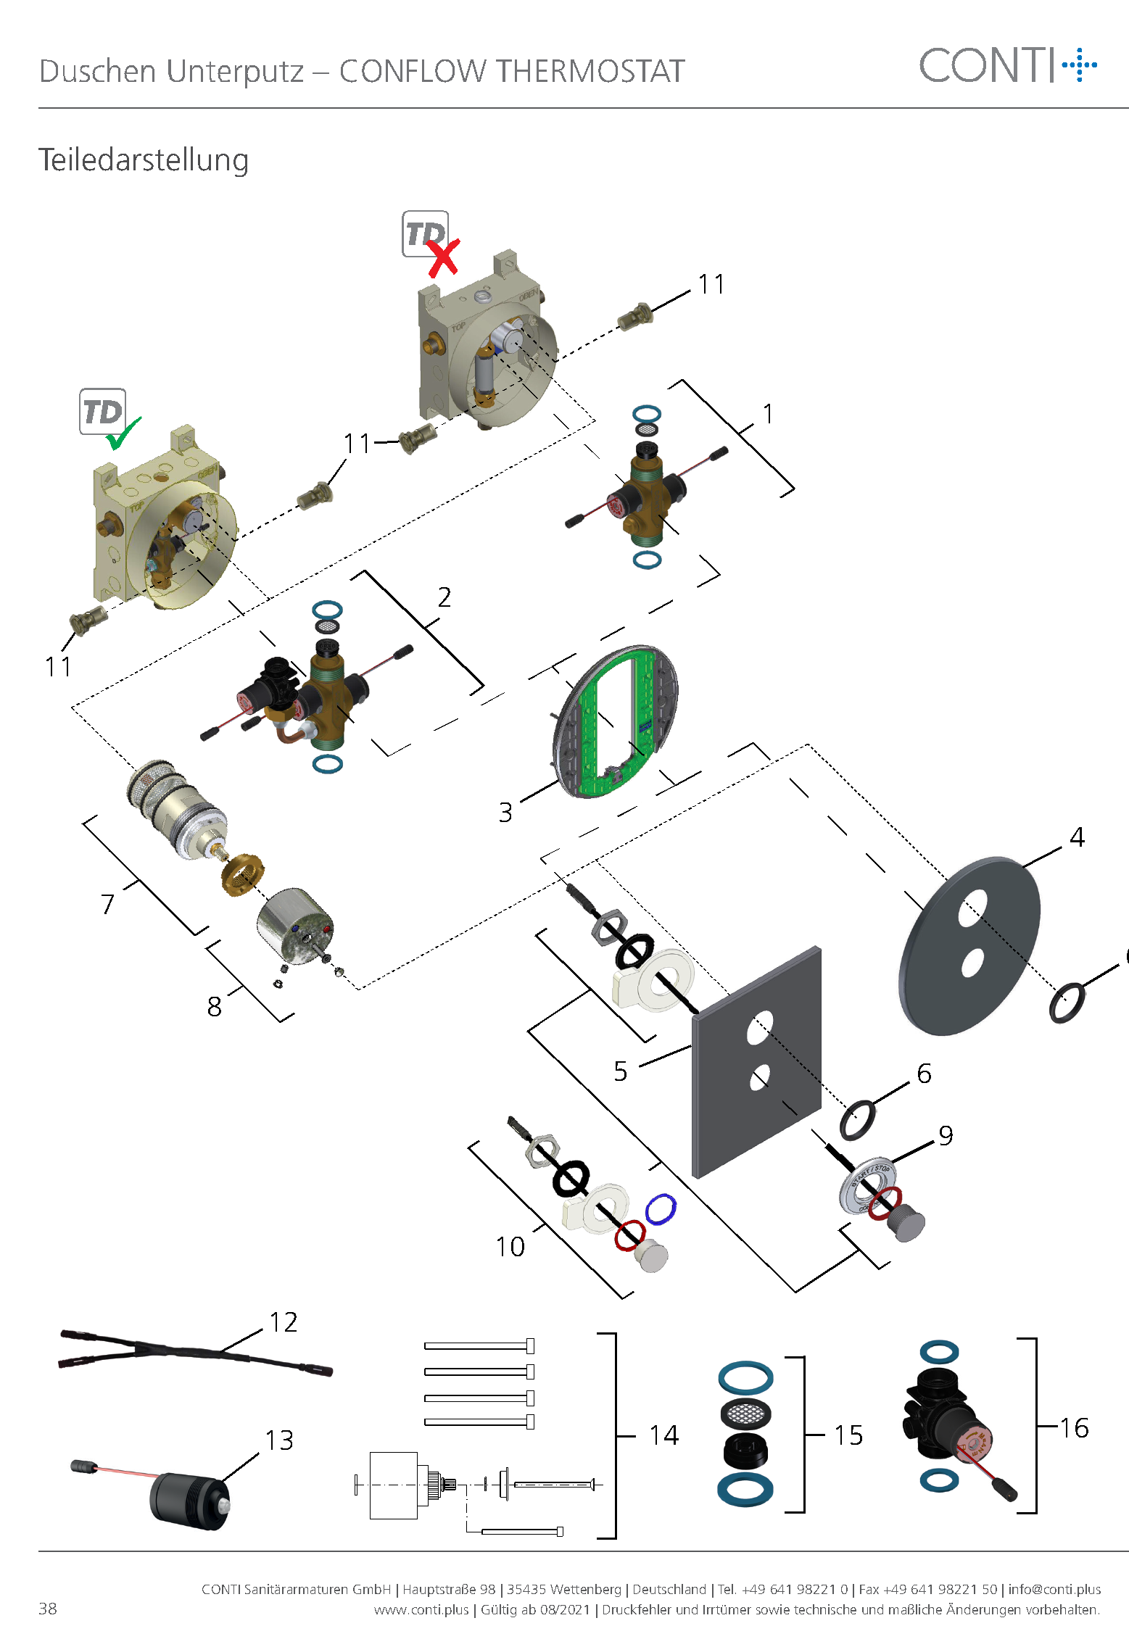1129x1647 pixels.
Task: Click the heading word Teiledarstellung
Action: point(144,160)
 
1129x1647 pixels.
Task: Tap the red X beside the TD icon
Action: point(443,258)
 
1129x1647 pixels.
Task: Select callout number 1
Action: point(768,414)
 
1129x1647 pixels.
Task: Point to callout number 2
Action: point(444,597)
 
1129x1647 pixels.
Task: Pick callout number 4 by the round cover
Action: point(1077,837)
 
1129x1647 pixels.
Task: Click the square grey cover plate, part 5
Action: point(757,1061)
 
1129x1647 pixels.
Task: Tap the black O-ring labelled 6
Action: point(857,1120)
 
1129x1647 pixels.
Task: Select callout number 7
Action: point(107,903)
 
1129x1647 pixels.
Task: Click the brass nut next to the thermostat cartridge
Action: point(242,874)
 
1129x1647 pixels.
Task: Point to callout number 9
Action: point(946,1135)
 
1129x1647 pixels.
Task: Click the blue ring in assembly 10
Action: point(661,1208)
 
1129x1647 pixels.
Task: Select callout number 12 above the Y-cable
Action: point(284,1322)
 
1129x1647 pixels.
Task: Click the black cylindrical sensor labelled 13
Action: point(190,1499)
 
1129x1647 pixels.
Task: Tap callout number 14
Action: point(663,1435)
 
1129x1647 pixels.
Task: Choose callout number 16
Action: point(1074,1428)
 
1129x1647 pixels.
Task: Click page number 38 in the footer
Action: point(48,1609)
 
